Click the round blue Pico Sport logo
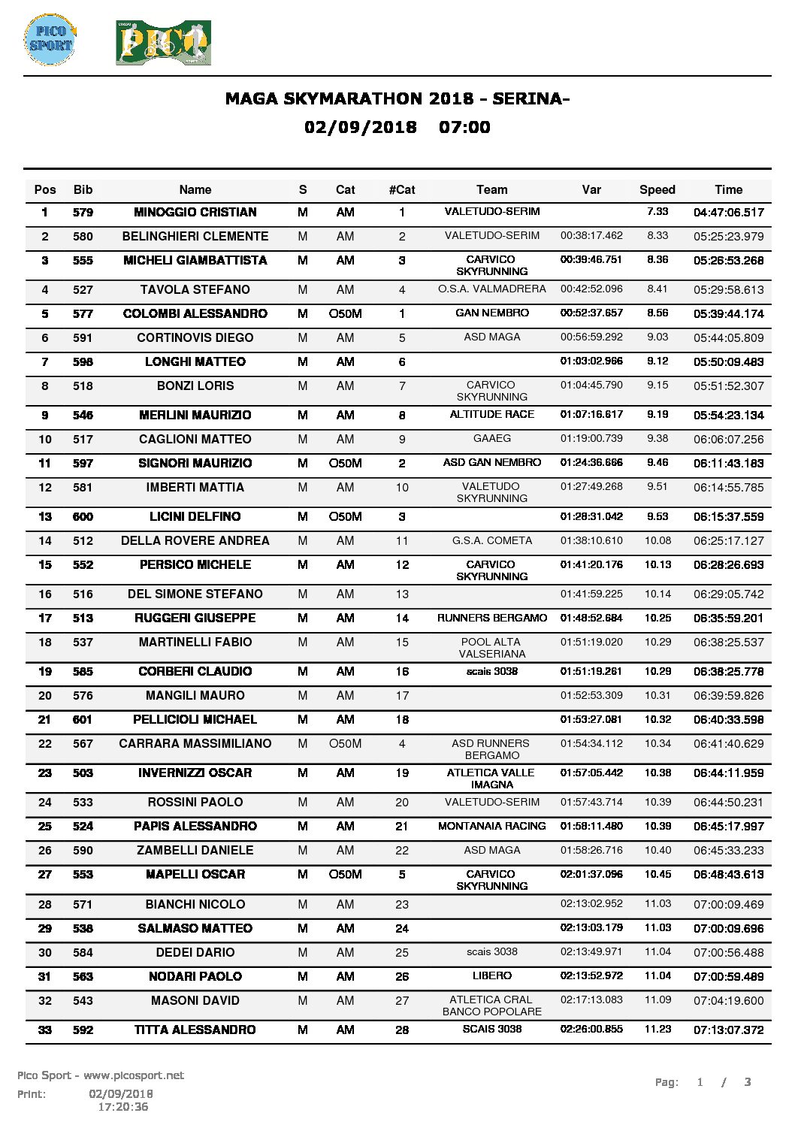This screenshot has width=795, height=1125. (50, 39)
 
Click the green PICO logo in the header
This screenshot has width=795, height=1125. (163, 43)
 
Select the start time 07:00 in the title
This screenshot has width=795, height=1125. (464, 127)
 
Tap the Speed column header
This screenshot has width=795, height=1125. (657, 189)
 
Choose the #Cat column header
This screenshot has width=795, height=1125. (402, 189)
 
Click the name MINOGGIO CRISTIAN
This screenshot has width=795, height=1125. (195, 212)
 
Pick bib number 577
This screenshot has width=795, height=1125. (83, 313)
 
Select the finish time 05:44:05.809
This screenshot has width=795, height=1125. (728, 337)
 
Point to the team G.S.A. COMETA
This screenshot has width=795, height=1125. (492, 540)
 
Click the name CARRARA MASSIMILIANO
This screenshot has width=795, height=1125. (195, 743)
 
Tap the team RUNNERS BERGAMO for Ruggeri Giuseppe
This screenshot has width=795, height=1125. (492, 618)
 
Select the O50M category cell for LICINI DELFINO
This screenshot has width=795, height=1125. (346, 516)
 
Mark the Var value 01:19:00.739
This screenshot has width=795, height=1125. (591, 439)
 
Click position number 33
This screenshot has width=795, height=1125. (45, 1030)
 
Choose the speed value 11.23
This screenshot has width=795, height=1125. (657, 1029)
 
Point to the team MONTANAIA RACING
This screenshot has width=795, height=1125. (492, 826)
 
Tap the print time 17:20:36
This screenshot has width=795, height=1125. (123, 1106)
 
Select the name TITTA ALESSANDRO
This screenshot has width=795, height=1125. (195, 1030)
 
